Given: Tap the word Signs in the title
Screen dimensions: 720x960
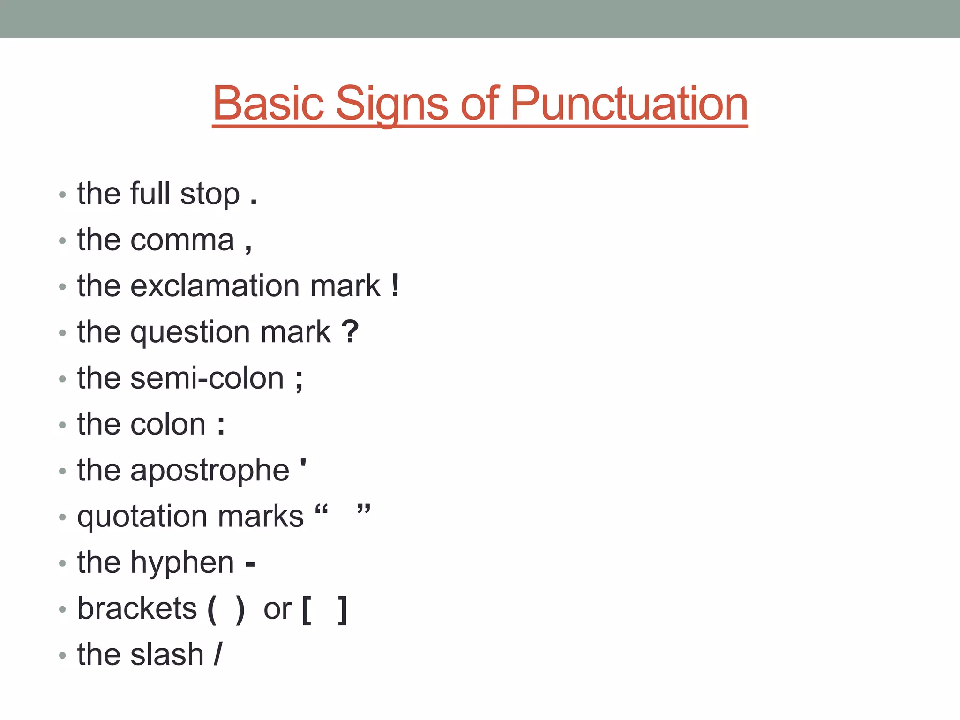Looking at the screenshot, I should click(x=392, y=104).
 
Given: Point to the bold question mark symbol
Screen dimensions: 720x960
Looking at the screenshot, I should click(x=350, y=331).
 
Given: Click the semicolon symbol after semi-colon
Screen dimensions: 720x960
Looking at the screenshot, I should click(x=299, y=380).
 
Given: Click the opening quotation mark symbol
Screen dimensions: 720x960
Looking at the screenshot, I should click(x=322, y=510).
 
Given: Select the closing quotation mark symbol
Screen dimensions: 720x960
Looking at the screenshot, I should click(x=364, y=510).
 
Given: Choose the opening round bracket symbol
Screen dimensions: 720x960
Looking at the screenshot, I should click(x=212, y=610).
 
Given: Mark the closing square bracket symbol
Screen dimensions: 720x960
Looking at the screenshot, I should click(x=343, y=610).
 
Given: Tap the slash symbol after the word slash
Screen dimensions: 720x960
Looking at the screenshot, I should click(x=218, y=654).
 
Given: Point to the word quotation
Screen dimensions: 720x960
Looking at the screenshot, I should click(x=142, y=517).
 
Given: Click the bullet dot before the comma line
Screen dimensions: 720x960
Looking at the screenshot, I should click(x=62, y=241).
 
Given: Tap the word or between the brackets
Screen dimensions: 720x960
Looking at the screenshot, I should click(x=277, y=610).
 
